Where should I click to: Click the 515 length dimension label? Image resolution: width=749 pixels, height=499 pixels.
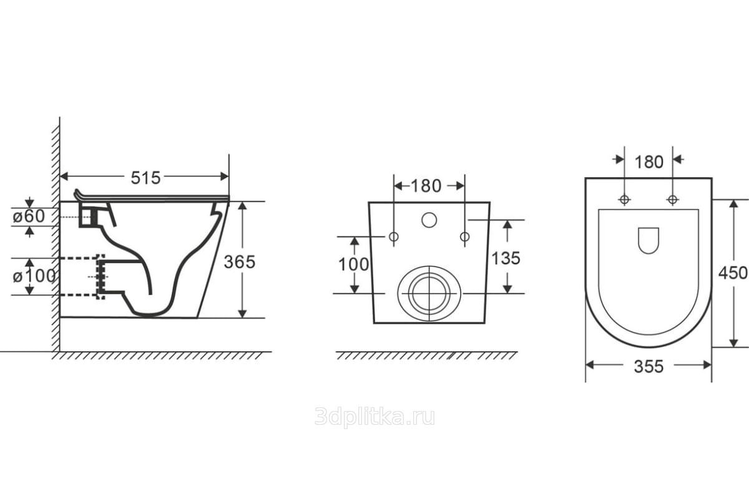(x=145, y=178)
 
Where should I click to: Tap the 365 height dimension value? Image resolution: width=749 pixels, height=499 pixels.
(x=240, y=262)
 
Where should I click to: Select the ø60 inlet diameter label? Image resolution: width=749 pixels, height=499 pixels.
(x=29, y=216)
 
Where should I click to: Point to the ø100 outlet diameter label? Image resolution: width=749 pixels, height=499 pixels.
(x=34, y=276)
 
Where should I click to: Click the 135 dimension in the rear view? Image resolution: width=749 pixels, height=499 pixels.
(x=506, y=258)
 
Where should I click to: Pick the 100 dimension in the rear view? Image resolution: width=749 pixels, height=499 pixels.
(x=353, y=264)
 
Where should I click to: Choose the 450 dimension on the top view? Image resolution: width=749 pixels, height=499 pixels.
(x=733, y=273)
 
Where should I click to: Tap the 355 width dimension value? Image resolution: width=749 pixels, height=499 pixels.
(x=649, y=367)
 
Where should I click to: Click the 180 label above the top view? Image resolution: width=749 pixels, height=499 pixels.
(x=649, y=162)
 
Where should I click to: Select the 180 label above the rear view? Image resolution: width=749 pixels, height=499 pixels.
(x=426, y=186)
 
